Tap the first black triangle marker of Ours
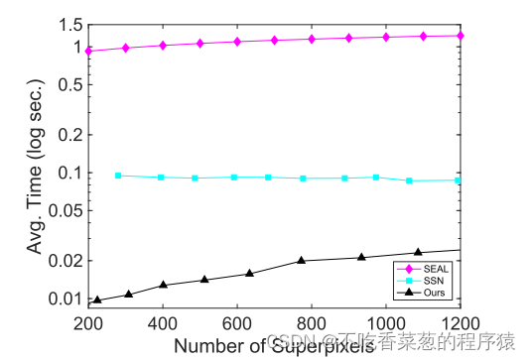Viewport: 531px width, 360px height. (97, 300)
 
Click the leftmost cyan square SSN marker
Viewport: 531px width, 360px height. (118, 176)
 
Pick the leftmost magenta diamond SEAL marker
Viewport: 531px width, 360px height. (88, 51)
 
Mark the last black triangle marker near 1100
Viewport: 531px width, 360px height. (418, 252)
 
